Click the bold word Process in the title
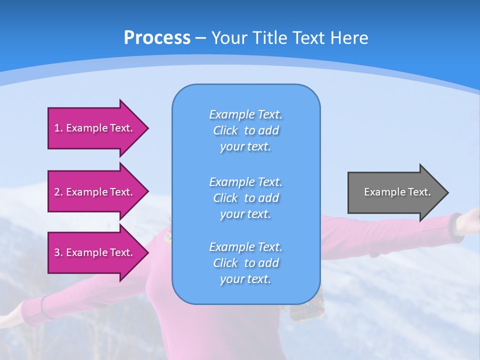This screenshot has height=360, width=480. (x=157, y=38)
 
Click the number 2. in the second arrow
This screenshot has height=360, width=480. (x=58, y=192)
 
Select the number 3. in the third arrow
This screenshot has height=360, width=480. (x=58, y=252)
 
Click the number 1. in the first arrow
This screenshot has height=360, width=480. (x=58, y=128)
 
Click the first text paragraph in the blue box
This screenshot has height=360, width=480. (x=245, y=130)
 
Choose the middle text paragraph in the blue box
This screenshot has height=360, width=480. (x=245, y=198)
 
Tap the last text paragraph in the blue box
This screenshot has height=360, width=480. (x=245, y=263)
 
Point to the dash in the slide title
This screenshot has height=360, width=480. (x=200, y=38)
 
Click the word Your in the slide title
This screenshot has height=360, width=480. (x=228, y=38)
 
